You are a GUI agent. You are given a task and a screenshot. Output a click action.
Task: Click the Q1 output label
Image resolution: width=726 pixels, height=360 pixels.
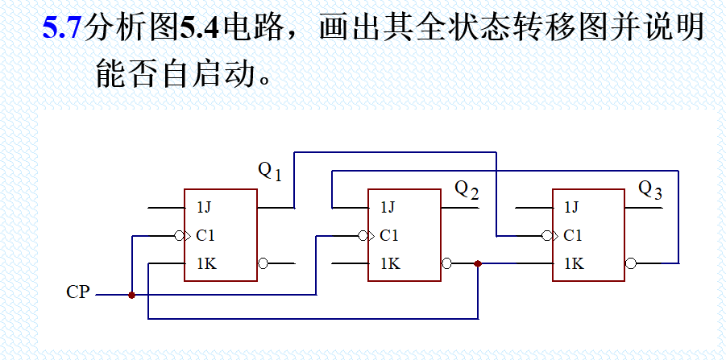pos(269,171)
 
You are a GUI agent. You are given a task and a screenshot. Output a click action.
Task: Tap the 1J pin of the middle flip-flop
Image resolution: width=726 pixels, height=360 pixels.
pos(388,208)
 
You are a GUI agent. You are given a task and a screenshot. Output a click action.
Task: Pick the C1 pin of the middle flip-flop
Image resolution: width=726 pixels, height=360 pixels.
pos(389,236)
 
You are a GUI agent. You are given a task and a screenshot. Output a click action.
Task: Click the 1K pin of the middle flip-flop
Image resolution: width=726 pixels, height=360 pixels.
pos(389,263)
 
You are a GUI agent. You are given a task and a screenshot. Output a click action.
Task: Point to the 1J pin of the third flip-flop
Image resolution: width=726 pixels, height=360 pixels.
pos(572,208)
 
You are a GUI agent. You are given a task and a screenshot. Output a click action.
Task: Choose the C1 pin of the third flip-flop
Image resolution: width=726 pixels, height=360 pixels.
pos(573,236)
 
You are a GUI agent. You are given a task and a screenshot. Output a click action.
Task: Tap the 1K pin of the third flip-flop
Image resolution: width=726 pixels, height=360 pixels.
pos(573,263)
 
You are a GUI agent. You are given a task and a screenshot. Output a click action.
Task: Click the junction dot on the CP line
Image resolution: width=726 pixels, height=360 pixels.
pos(131,295)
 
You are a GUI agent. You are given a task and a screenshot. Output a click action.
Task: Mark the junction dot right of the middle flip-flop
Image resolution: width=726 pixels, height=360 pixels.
pos(479,263)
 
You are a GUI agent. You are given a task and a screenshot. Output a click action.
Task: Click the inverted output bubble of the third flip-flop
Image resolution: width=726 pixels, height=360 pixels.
pos(630,263)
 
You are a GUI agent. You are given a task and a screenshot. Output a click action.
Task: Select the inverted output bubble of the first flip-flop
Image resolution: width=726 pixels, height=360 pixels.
pos(263,263)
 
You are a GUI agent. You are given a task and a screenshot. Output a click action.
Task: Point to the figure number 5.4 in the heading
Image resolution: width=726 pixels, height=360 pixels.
pos(198,30)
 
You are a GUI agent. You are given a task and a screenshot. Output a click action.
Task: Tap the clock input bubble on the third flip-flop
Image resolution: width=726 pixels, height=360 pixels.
pos(547,236)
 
